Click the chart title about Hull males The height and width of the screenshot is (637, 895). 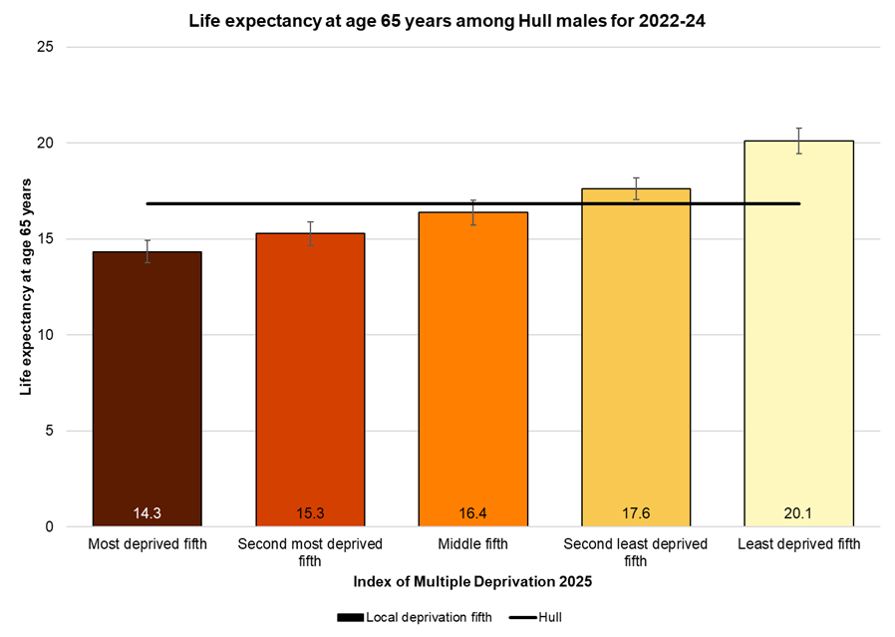pyautogui.click(x=447, y=20)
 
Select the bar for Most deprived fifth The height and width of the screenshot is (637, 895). pyautogui.click(x=148, y=389)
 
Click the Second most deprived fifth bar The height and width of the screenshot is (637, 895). pyautogui.click(x=310, y=379)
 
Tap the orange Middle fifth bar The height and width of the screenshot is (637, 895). pyautogui.click(x=473, y=369)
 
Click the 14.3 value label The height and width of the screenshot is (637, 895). pyautogui.click(x=148, y=513)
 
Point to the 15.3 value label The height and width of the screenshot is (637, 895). pyautogui.click(x=310, y=513)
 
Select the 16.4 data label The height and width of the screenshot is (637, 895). pyautogui.click(x=473, y=513)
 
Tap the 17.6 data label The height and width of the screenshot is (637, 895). pyautogui.click(x=636, y=513)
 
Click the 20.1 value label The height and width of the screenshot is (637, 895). pyautogui.click(x=798, y=513)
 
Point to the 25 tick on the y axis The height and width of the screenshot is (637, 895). pyautogui.click(x=45, y=47)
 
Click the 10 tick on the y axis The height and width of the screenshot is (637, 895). pyautogui.click(x=45, y=335)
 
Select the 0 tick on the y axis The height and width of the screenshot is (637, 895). pyautogui.click(x=49, y=526)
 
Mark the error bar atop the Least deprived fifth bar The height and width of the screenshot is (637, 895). pyautogui.click(x=798, y=141)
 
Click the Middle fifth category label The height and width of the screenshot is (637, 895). pyautogui.click(x=473, y=544)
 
